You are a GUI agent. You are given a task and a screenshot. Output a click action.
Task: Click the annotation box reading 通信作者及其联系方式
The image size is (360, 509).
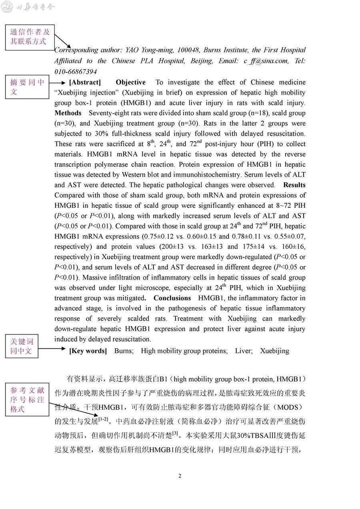coord(30,37)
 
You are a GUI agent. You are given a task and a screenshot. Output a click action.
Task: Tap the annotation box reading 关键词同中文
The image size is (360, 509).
coord(22,346)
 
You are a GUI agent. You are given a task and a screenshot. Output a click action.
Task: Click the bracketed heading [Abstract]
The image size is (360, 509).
coord(85,82)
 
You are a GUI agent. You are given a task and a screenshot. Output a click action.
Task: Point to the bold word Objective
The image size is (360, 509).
coord(130,82)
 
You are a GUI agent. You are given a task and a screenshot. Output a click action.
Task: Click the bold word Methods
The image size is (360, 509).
coord(68,113)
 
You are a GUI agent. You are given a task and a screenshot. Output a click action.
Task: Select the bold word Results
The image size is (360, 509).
coord(294,185)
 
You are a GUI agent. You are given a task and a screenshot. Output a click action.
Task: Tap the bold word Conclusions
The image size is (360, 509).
coord(172,298)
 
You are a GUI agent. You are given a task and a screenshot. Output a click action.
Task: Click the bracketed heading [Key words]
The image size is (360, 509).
coord(88,351)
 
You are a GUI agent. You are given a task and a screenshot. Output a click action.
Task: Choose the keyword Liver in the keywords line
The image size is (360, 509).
coord(244,351)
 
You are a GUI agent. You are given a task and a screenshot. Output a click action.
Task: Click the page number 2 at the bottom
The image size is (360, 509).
coord(180,476)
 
